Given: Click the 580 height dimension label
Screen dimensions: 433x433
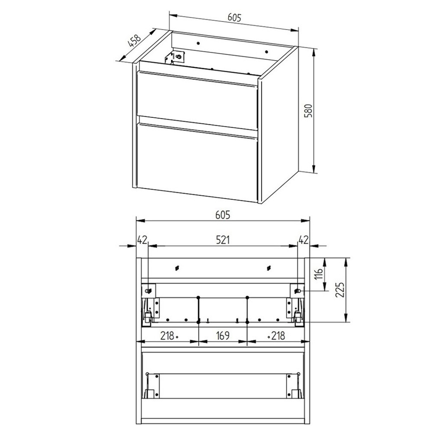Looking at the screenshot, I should click(x=308, y=110).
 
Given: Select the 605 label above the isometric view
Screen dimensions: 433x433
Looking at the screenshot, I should click(x=234, y=18).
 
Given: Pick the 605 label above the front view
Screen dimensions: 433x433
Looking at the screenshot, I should click(x=222, y=214).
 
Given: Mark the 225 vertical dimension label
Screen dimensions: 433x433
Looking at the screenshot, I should click(x=340, y=291).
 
